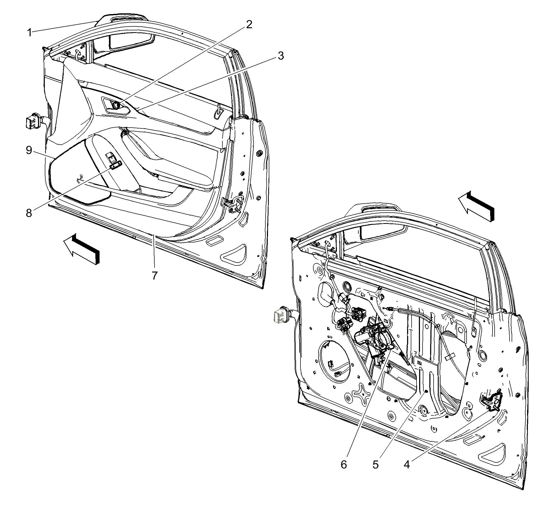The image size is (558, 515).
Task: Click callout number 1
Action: (x=29, y=33)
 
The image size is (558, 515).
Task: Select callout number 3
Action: (x=281, y=56)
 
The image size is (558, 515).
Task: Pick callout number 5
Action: (x=375, y=465)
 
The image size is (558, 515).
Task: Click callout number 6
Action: (x=344, y=465)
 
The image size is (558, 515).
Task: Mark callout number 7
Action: (x=155, y=275)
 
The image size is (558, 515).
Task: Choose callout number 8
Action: (x=29, y=213)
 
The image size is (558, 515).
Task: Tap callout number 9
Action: (x=29, y=150)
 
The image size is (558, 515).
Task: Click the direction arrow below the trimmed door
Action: (x=81, y=249)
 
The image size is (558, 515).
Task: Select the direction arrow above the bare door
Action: (x=476, y=206)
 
